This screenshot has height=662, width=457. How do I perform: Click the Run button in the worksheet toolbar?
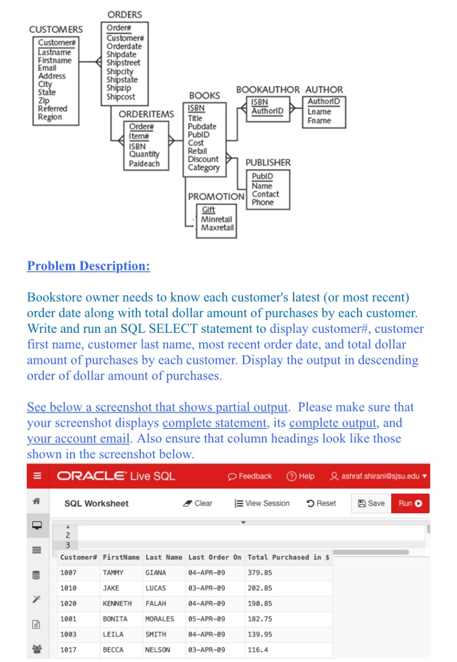(410, 504)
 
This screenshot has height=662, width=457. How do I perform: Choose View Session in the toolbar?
(262, 504)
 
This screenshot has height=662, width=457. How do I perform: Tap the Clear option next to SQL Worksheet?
(198, 504)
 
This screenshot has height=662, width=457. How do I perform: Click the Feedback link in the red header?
(250, 476)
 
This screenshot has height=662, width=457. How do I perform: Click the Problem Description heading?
(89, 266)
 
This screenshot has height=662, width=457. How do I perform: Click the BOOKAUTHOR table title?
(268, 90)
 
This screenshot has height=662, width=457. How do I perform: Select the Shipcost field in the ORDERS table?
(121, 97)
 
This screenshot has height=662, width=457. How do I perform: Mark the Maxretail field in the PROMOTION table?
(217, 228)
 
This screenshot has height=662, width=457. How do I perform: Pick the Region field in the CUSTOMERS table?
(50, 117)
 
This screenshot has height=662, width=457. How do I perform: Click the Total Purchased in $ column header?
(289, 557)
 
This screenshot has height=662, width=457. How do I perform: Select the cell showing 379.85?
(260, 573)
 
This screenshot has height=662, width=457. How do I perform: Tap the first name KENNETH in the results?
(117, 603)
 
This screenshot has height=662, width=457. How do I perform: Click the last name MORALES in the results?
(160, 619)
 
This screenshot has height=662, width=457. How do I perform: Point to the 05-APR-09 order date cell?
(206, 619)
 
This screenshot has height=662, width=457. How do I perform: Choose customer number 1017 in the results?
(68, 650)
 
